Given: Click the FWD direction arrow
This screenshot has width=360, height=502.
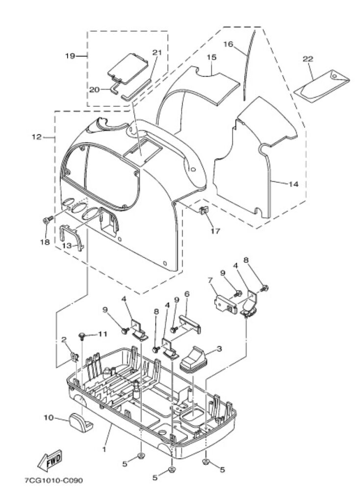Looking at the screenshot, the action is coord(50,460).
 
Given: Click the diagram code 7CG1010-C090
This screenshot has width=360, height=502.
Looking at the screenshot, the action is coord(53,480).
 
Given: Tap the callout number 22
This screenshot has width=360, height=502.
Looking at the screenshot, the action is coord(308,59).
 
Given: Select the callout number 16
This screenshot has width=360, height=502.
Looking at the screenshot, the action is coord(229,44).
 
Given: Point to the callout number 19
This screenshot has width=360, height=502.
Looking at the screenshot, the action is coord(70,56).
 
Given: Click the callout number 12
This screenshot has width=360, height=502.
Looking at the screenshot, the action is coord(37,137).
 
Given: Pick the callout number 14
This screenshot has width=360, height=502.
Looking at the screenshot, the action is coord(293,184).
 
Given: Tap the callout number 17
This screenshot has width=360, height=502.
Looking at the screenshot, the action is coord(215,231).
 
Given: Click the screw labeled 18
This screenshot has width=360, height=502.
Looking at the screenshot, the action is coord(48,220).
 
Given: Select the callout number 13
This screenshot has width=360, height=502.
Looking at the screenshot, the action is coord(67,246).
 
